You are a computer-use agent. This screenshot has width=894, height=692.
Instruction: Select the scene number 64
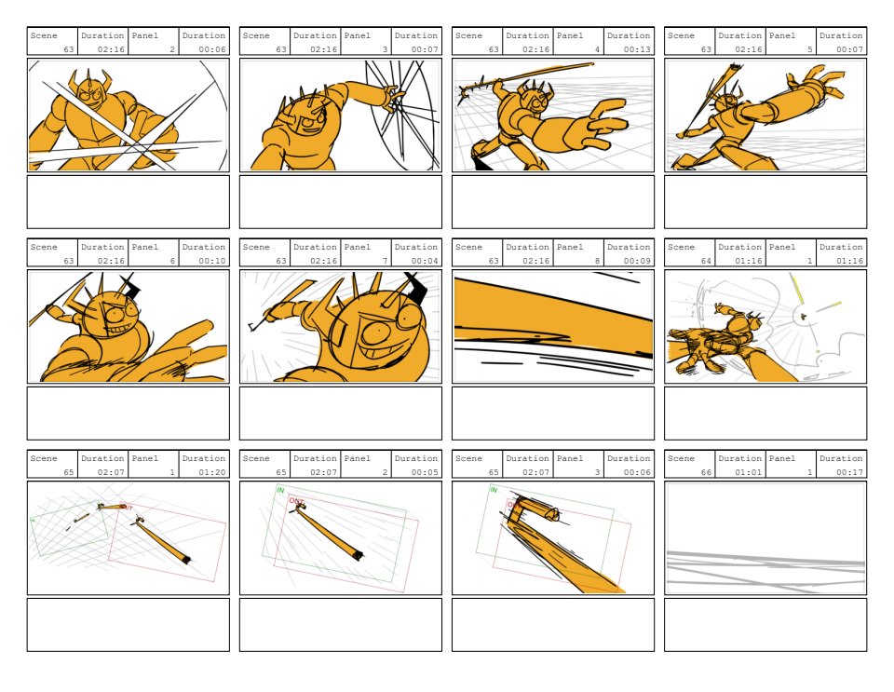coord(706,261)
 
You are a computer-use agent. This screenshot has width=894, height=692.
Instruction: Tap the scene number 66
coord(706,472)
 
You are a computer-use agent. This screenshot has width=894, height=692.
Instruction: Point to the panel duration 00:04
coord(425,261)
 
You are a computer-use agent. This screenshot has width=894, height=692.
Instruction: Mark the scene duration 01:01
coord(748,472)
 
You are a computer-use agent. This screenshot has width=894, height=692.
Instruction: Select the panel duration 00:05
coord(425,472)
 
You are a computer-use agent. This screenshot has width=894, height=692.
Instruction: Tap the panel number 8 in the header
coord(598,261)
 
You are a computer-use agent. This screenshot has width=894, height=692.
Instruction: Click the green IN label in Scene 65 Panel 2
coord(280,490)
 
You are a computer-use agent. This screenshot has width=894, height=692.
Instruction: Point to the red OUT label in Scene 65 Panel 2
coord(296,501)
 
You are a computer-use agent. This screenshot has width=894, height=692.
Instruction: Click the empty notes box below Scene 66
coord(765,625)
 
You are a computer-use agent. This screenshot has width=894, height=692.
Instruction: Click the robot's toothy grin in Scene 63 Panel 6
coord(119,330)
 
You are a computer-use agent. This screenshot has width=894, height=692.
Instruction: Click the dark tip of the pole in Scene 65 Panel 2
coord(358,555)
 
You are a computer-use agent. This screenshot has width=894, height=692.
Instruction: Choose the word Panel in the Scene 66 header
coord(781,458)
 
